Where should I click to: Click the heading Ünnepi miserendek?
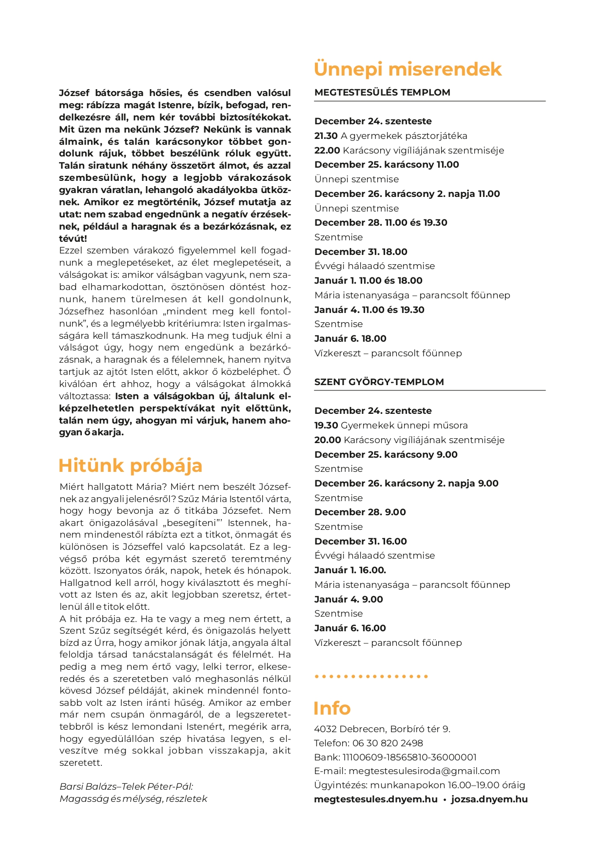coord(407,69)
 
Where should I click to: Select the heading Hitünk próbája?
coord(130,466)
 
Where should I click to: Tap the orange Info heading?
coord(332,708)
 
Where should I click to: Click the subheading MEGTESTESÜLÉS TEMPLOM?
coord(382,93)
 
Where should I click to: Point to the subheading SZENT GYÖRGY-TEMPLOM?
coord(379,382)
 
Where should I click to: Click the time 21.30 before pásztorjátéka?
coord(326,136)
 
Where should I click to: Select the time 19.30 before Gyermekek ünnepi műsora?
coord(326,426)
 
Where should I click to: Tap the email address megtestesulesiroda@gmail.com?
coord(424,771)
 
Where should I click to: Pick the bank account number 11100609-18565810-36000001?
coord(410,758)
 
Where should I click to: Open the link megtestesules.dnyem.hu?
coord(375,799)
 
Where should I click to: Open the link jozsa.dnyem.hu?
coord(489,799)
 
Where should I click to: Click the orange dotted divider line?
coord(371,677)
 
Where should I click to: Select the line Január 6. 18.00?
coord(350,339)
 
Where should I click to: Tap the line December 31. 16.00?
coord(360,542)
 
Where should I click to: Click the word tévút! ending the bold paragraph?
coord(73,239)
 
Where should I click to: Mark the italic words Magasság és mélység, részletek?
coord(133,799)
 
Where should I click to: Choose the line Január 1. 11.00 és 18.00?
coord(368,281)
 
